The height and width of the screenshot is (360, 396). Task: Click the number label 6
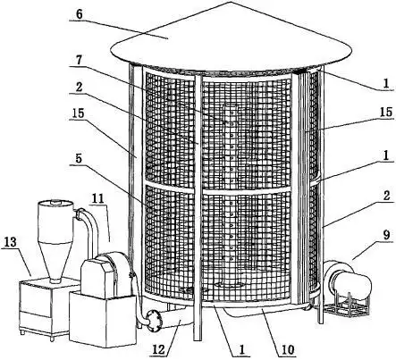[x=79, y=14]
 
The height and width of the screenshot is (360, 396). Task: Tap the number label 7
[x=79, y=62]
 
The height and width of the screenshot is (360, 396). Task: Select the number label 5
[x=79, y=158]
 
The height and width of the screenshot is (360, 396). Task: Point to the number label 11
[x=97, y=199]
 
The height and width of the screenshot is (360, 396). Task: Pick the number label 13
[x=11, y=242]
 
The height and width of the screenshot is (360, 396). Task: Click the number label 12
[x=159, y=349]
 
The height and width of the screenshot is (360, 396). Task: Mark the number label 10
[x=287, y=350]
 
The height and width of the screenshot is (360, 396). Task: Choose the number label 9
[x=386, y=235]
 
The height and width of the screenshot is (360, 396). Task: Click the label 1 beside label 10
[x=241, y=350]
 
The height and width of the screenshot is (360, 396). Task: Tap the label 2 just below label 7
[x=79, y=87]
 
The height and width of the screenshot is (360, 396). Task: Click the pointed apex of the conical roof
[x=231, y=2]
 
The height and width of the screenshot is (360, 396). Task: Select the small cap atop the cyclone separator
[x=55, y=202]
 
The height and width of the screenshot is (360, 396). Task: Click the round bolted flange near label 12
[x=154, y=320]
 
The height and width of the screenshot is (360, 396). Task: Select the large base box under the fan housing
[x=102, y=319]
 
